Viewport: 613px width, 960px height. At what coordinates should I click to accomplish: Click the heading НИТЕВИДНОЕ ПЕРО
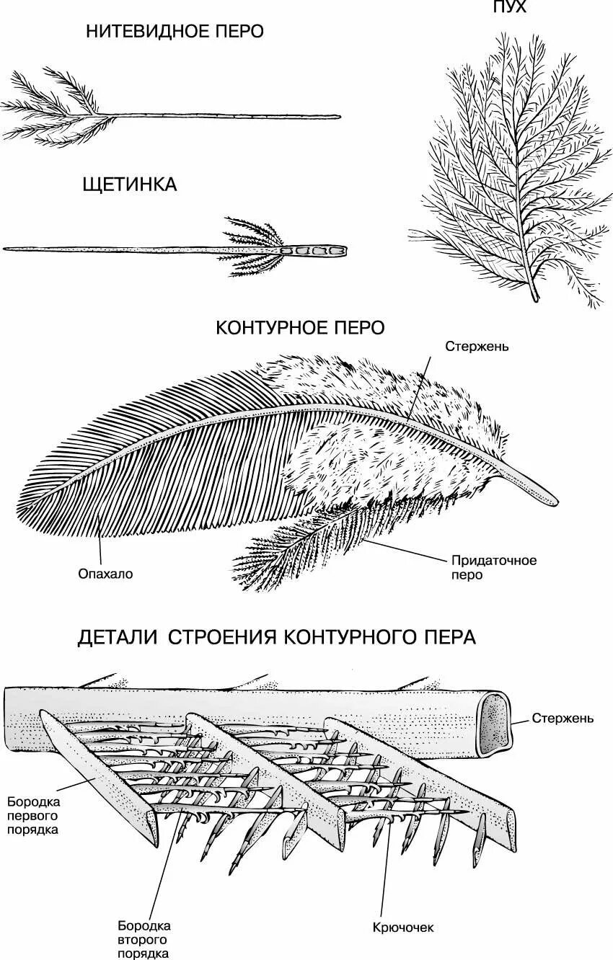coord(175,32)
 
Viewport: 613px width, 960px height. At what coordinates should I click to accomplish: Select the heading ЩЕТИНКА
coord(129,185)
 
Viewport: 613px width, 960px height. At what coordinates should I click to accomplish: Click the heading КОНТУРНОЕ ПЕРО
coord(300,328)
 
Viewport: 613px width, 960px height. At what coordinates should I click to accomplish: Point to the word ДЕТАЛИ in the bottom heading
coord(118,638)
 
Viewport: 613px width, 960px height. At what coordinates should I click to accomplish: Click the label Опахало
coord(106,574)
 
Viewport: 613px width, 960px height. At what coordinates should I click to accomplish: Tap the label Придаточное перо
coord(494,567)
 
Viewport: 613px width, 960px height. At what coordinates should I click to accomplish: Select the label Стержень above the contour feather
coord(477,346)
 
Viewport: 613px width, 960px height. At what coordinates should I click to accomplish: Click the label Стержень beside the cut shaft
coord(563,718)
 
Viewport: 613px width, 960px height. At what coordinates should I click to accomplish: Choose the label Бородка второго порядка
coord(144,939)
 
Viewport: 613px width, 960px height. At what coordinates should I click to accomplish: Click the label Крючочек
coord(404,928)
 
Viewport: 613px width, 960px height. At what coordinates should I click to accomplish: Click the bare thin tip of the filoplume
coord(335,116)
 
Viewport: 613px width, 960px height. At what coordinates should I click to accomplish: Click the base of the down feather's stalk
coord(534,295)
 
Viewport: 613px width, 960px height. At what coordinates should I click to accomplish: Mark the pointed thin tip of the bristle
coord(7,249)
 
